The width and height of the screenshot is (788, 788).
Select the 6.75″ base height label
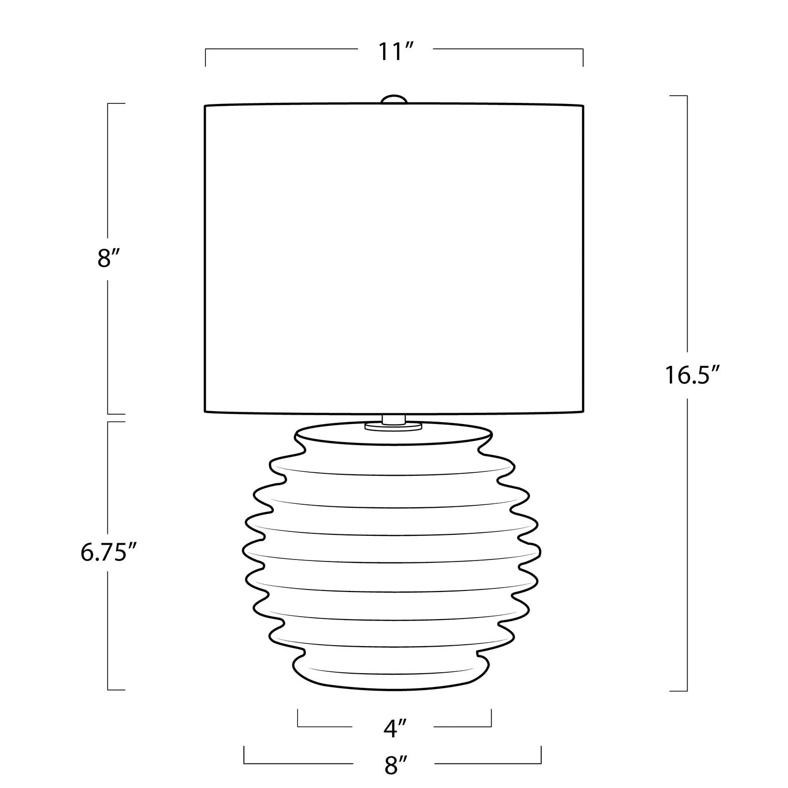tap(108, 553)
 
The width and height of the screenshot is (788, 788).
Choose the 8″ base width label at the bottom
tap(394, 766)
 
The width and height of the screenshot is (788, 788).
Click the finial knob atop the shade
tap(394, 99)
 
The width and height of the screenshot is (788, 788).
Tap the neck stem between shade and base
tap(394, 419)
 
